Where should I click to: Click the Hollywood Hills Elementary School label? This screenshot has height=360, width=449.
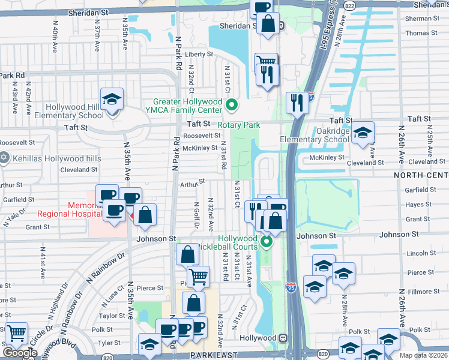pyautogui.click(x=75, y=112)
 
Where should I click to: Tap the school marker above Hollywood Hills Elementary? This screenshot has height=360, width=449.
pyautogui.click(x=112, y=100)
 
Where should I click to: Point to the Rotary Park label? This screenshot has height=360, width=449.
pyautogui.click(x=238, y=125)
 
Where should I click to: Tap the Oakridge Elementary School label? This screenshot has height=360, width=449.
pyautogui.click(x=315, y=135)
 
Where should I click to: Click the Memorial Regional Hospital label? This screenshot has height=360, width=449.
pyautogui.click(x=62, y=209)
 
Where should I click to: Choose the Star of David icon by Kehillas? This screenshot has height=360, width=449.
pyautogui.click(x=4, y=157)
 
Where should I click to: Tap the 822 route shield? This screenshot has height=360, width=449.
pyautogui.click(x=349, y=5)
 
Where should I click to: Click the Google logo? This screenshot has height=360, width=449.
pyautogui.click(x=20, y=353)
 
